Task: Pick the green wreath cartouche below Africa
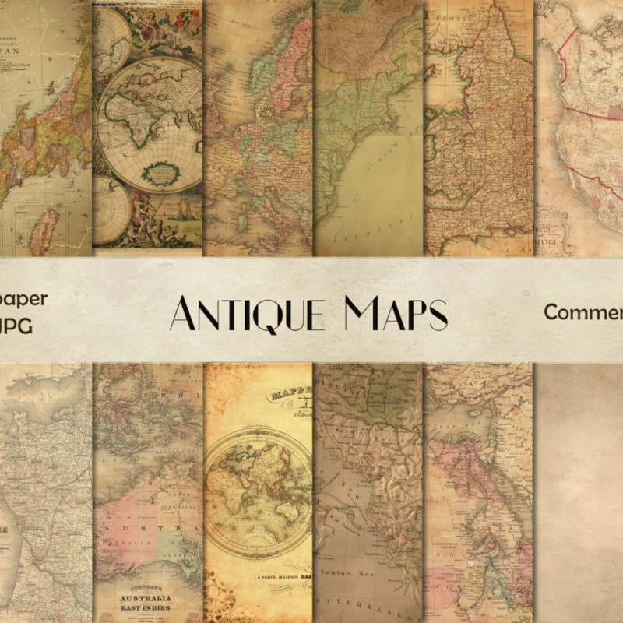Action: pyautogui.click(x=164, y=170)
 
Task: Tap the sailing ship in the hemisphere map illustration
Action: pyautogui.click(x=181, y=208)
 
